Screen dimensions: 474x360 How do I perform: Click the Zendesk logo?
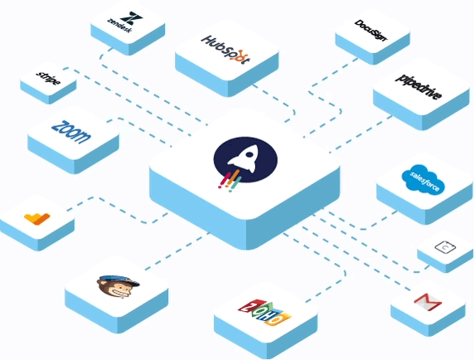click(125, 22)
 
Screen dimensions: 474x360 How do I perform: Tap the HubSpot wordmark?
click(226, 49)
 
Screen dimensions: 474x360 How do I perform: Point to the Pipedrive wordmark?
click(418, 86)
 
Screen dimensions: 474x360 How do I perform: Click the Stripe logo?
click(48, 78)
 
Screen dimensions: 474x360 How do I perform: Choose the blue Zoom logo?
click(71, 132)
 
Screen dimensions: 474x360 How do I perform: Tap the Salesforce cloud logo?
click(423, 179)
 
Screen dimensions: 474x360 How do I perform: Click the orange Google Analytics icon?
click(37, 219)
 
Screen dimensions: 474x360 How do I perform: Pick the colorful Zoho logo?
click(264, 313)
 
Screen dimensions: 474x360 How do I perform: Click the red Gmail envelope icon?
click(428, 301)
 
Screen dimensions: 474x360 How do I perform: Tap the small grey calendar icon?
click(445, 247)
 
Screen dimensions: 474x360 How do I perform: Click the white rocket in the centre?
click(244, 158)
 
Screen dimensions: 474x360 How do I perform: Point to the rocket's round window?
click(249, 154)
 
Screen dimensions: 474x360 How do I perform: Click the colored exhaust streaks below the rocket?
click(230, 181)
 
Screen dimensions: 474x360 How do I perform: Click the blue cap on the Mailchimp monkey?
click(121, 280)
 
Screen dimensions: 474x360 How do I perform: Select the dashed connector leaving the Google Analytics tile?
click(118, 209)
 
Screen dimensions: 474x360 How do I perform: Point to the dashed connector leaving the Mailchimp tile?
click(177, 251)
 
